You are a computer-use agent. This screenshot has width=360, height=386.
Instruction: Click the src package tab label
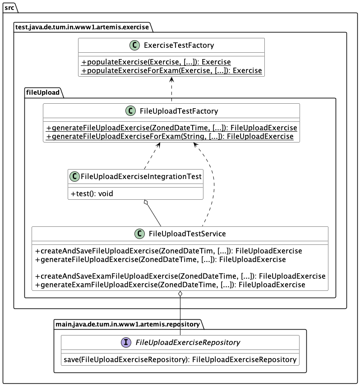(9, 8)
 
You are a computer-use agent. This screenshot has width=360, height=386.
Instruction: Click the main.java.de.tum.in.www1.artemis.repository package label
(127, 324)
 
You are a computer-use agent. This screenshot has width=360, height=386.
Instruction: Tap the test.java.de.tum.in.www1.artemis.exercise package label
(82, 27)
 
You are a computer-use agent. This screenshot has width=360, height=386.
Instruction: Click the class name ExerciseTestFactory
(179, 46)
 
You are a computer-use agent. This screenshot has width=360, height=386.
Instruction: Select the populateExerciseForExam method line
(171, 70)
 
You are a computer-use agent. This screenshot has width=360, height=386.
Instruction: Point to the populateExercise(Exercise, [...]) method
(156, 62)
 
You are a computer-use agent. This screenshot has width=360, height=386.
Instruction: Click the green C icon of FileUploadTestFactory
(130, 111)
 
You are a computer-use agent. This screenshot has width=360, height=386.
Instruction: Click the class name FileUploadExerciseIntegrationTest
(140, 176)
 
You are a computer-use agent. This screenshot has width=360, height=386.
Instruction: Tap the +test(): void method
(92, 193)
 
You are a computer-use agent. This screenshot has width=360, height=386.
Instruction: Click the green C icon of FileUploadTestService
(139, 234)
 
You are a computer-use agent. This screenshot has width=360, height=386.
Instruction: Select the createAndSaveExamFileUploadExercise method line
(180, 276)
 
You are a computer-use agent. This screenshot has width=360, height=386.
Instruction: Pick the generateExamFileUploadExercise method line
(170, 285)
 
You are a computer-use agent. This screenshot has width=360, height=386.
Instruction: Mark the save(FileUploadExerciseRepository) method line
(180, 359)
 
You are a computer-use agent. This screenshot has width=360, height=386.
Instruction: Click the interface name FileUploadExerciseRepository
(188, 342)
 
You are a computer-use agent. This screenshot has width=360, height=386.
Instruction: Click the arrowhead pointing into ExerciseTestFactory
(171, 79)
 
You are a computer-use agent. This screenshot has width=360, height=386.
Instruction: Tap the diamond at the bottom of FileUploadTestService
(180, 294)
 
